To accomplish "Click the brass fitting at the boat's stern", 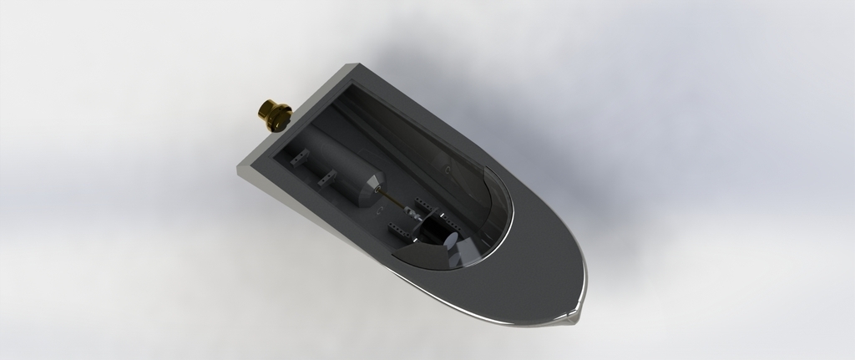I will click(272, 114).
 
